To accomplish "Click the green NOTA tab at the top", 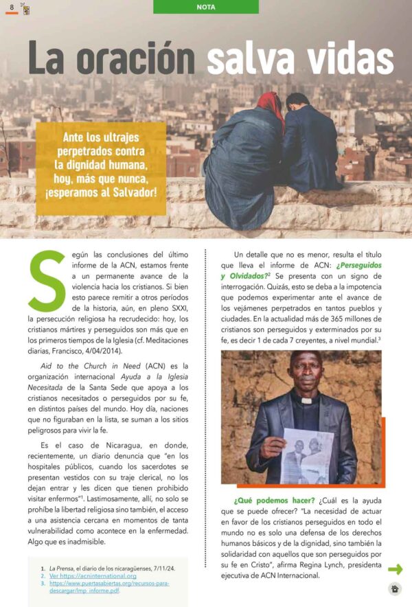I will pyautogui.click(x=205, y=7).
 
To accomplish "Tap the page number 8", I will pyautogui.click(x=12, y=7).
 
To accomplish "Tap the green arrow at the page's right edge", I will pyautogui.click(x=395, y=569).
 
